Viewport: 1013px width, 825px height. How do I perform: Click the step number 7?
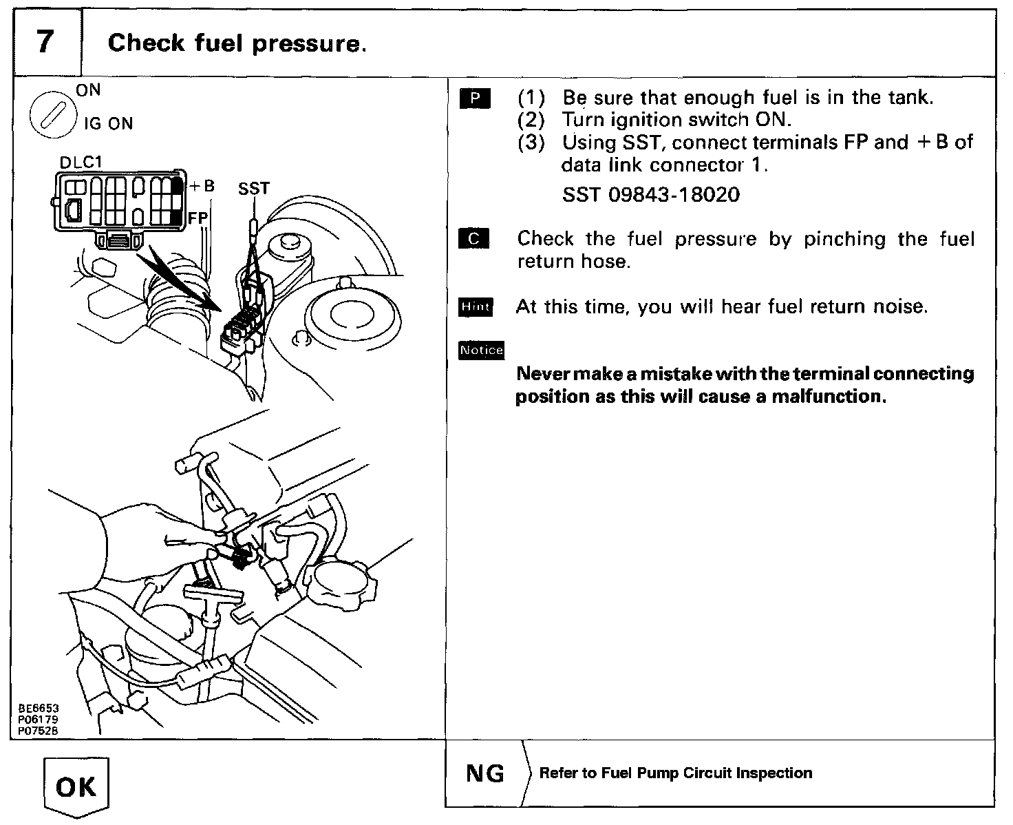click(x=45, y=43)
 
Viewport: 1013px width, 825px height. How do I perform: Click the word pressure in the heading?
click(x=306, y=44)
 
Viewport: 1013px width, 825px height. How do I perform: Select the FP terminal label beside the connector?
click(x=198, y=218)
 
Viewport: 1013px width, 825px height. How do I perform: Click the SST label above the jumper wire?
click(x=254, y=189)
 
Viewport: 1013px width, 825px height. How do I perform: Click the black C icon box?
click(x=474, y=240)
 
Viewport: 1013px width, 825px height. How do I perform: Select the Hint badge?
click(x=476, y=307)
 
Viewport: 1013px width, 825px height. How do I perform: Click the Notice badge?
click(x=482, y=351)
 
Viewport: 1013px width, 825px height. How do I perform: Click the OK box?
click(x=76, y=786)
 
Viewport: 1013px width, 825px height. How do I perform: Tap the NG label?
click(x=485, y=773)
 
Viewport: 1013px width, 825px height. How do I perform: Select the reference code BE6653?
click(x=39, y=708)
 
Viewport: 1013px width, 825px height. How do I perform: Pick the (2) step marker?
click(x=531, y=121)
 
